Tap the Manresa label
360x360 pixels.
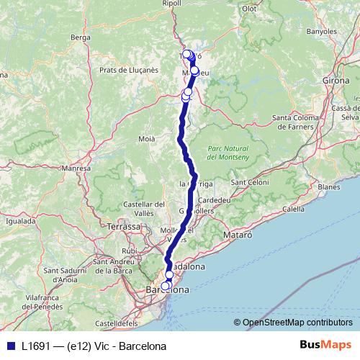click(x=75, y=168)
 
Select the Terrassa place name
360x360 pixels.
click(x=124, y=226)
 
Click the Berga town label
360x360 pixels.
click(x=80, y=37)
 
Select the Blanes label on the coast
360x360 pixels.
click(x=328, y=186)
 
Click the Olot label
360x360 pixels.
click(x=249, y=9)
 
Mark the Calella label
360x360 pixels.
click(x=294, y=209)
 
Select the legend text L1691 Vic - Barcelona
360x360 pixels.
click(x=94, y=345)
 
